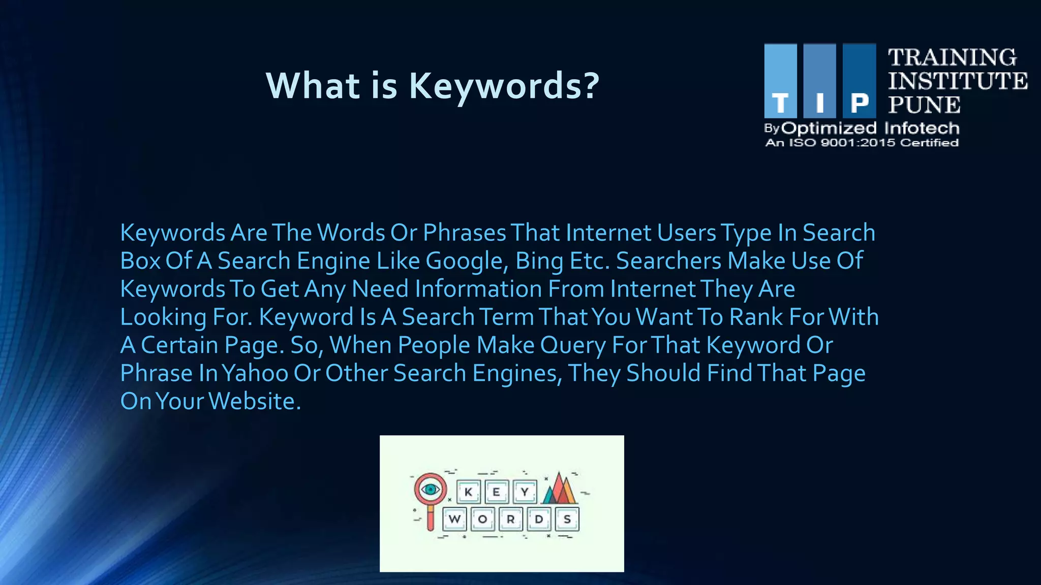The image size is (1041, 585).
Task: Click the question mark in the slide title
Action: (591, 85)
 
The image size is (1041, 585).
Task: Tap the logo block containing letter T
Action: (780, 81)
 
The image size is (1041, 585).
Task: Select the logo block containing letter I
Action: (819, 81)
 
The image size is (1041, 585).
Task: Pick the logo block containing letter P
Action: (859, 81)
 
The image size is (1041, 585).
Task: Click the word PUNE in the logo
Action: (924, 105)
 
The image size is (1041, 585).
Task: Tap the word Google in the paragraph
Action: (464, 261)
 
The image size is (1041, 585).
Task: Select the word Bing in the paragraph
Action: (539, 261)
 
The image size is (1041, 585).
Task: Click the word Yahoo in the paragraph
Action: (255, 373)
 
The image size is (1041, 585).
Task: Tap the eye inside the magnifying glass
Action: (431, 490)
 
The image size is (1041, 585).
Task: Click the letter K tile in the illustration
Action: (468, 492)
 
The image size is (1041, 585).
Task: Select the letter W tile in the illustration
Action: (454, 519)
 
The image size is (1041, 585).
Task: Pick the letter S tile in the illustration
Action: (567, 519)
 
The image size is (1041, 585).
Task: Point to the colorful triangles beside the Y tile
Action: (559, 489)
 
